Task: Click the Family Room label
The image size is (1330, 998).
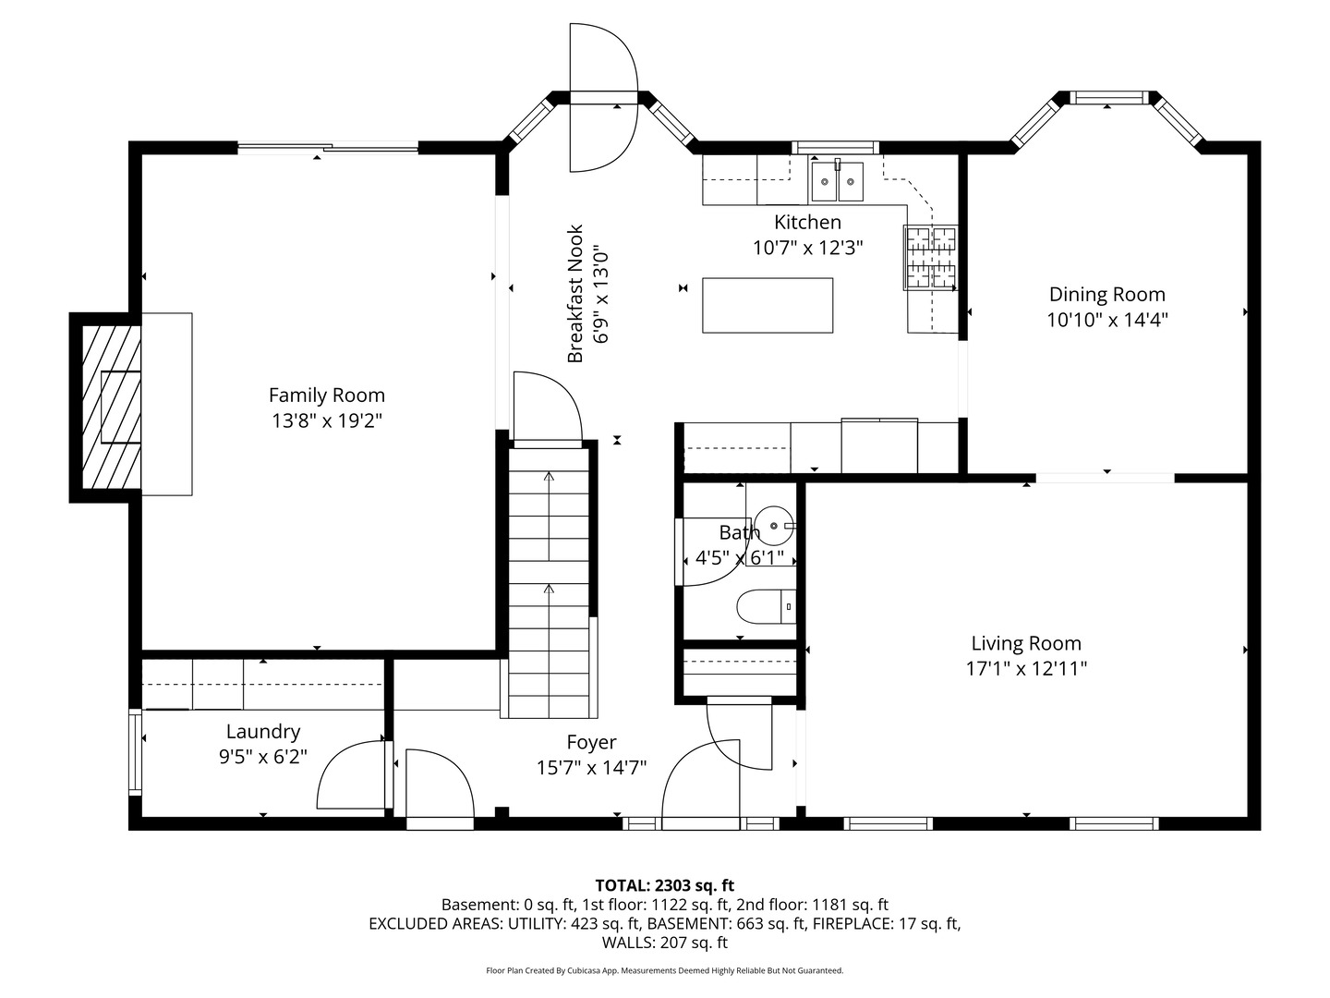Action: [327, 396]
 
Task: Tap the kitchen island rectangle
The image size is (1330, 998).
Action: [768, 305]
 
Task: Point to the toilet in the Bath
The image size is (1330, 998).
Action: [766, 606]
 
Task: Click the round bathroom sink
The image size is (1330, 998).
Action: [775, 526]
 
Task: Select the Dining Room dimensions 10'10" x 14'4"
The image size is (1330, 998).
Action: [1107, 320]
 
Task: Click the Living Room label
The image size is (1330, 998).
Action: [1026, 643]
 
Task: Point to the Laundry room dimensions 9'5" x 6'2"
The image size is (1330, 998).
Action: [263, 756]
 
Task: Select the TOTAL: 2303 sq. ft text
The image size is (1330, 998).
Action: [665, 885]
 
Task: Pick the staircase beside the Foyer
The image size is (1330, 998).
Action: [549, 583]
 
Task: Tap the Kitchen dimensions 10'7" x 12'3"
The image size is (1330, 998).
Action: [807, 248]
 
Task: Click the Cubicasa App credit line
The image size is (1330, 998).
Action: [665, 970]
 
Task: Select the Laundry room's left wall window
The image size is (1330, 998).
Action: [135, 751]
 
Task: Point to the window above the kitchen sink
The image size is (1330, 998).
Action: [836, 147]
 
